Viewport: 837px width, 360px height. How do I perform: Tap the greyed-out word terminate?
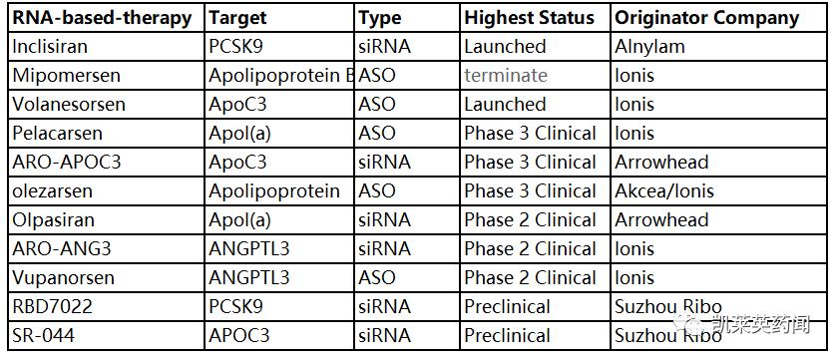(506, 76)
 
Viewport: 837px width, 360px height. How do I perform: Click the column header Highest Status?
(529, 18)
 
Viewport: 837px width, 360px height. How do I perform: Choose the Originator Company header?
(707, 18)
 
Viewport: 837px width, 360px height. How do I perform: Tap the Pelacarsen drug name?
(57, 134)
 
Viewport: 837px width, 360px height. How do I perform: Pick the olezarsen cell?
(55, 191)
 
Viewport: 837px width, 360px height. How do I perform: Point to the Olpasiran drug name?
(55, 220)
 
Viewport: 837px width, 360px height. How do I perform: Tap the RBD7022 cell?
(54, 307)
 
